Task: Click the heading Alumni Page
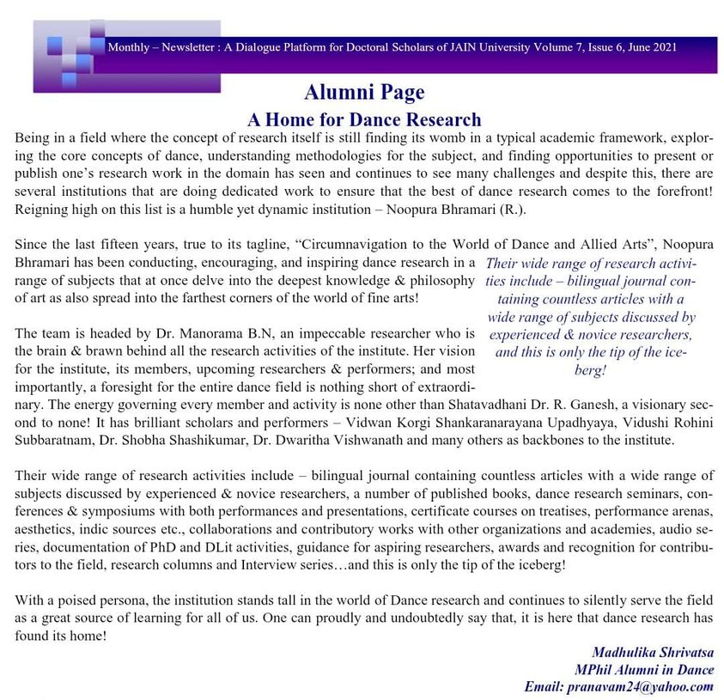click(x=363, y=92)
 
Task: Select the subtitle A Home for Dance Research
click(x=364, y=119)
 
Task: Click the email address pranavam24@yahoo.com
click(x=619, y=686)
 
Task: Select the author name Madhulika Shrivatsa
click(x=653, y=653)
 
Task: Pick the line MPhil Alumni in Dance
click(x=644, y=670)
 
